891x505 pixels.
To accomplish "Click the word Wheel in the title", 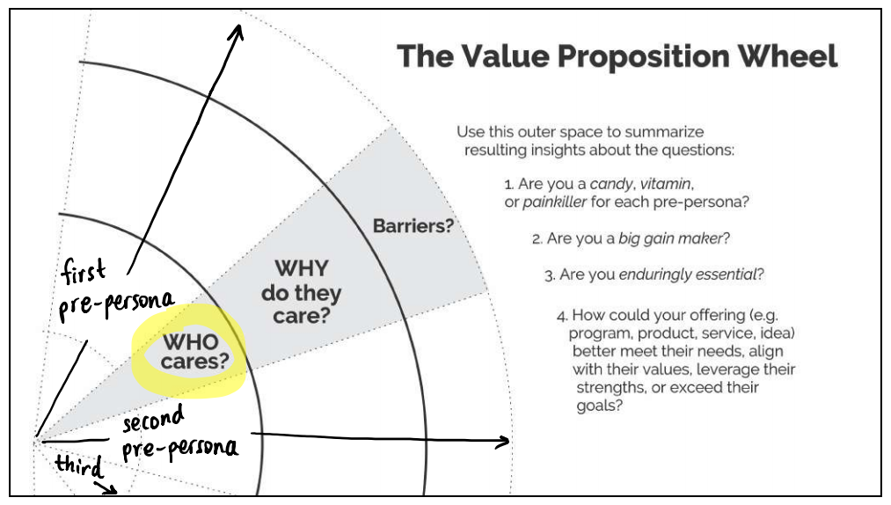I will pos(787,56).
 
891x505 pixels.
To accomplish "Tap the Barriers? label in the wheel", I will pos(413,226).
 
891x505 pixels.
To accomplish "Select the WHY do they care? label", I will pos(301,291).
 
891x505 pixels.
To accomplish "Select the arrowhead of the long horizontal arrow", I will pos(505,442).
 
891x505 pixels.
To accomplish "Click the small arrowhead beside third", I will pos(112,489).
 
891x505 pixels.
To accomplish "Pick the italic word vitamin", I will pos(666,185).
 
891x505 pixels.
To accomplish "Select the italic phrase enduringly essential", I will pos(687,274).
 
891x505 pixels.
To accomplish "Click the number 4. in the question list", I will pos(561,316).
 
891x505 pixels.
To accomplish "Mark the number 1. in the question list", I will pos(508,185).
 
